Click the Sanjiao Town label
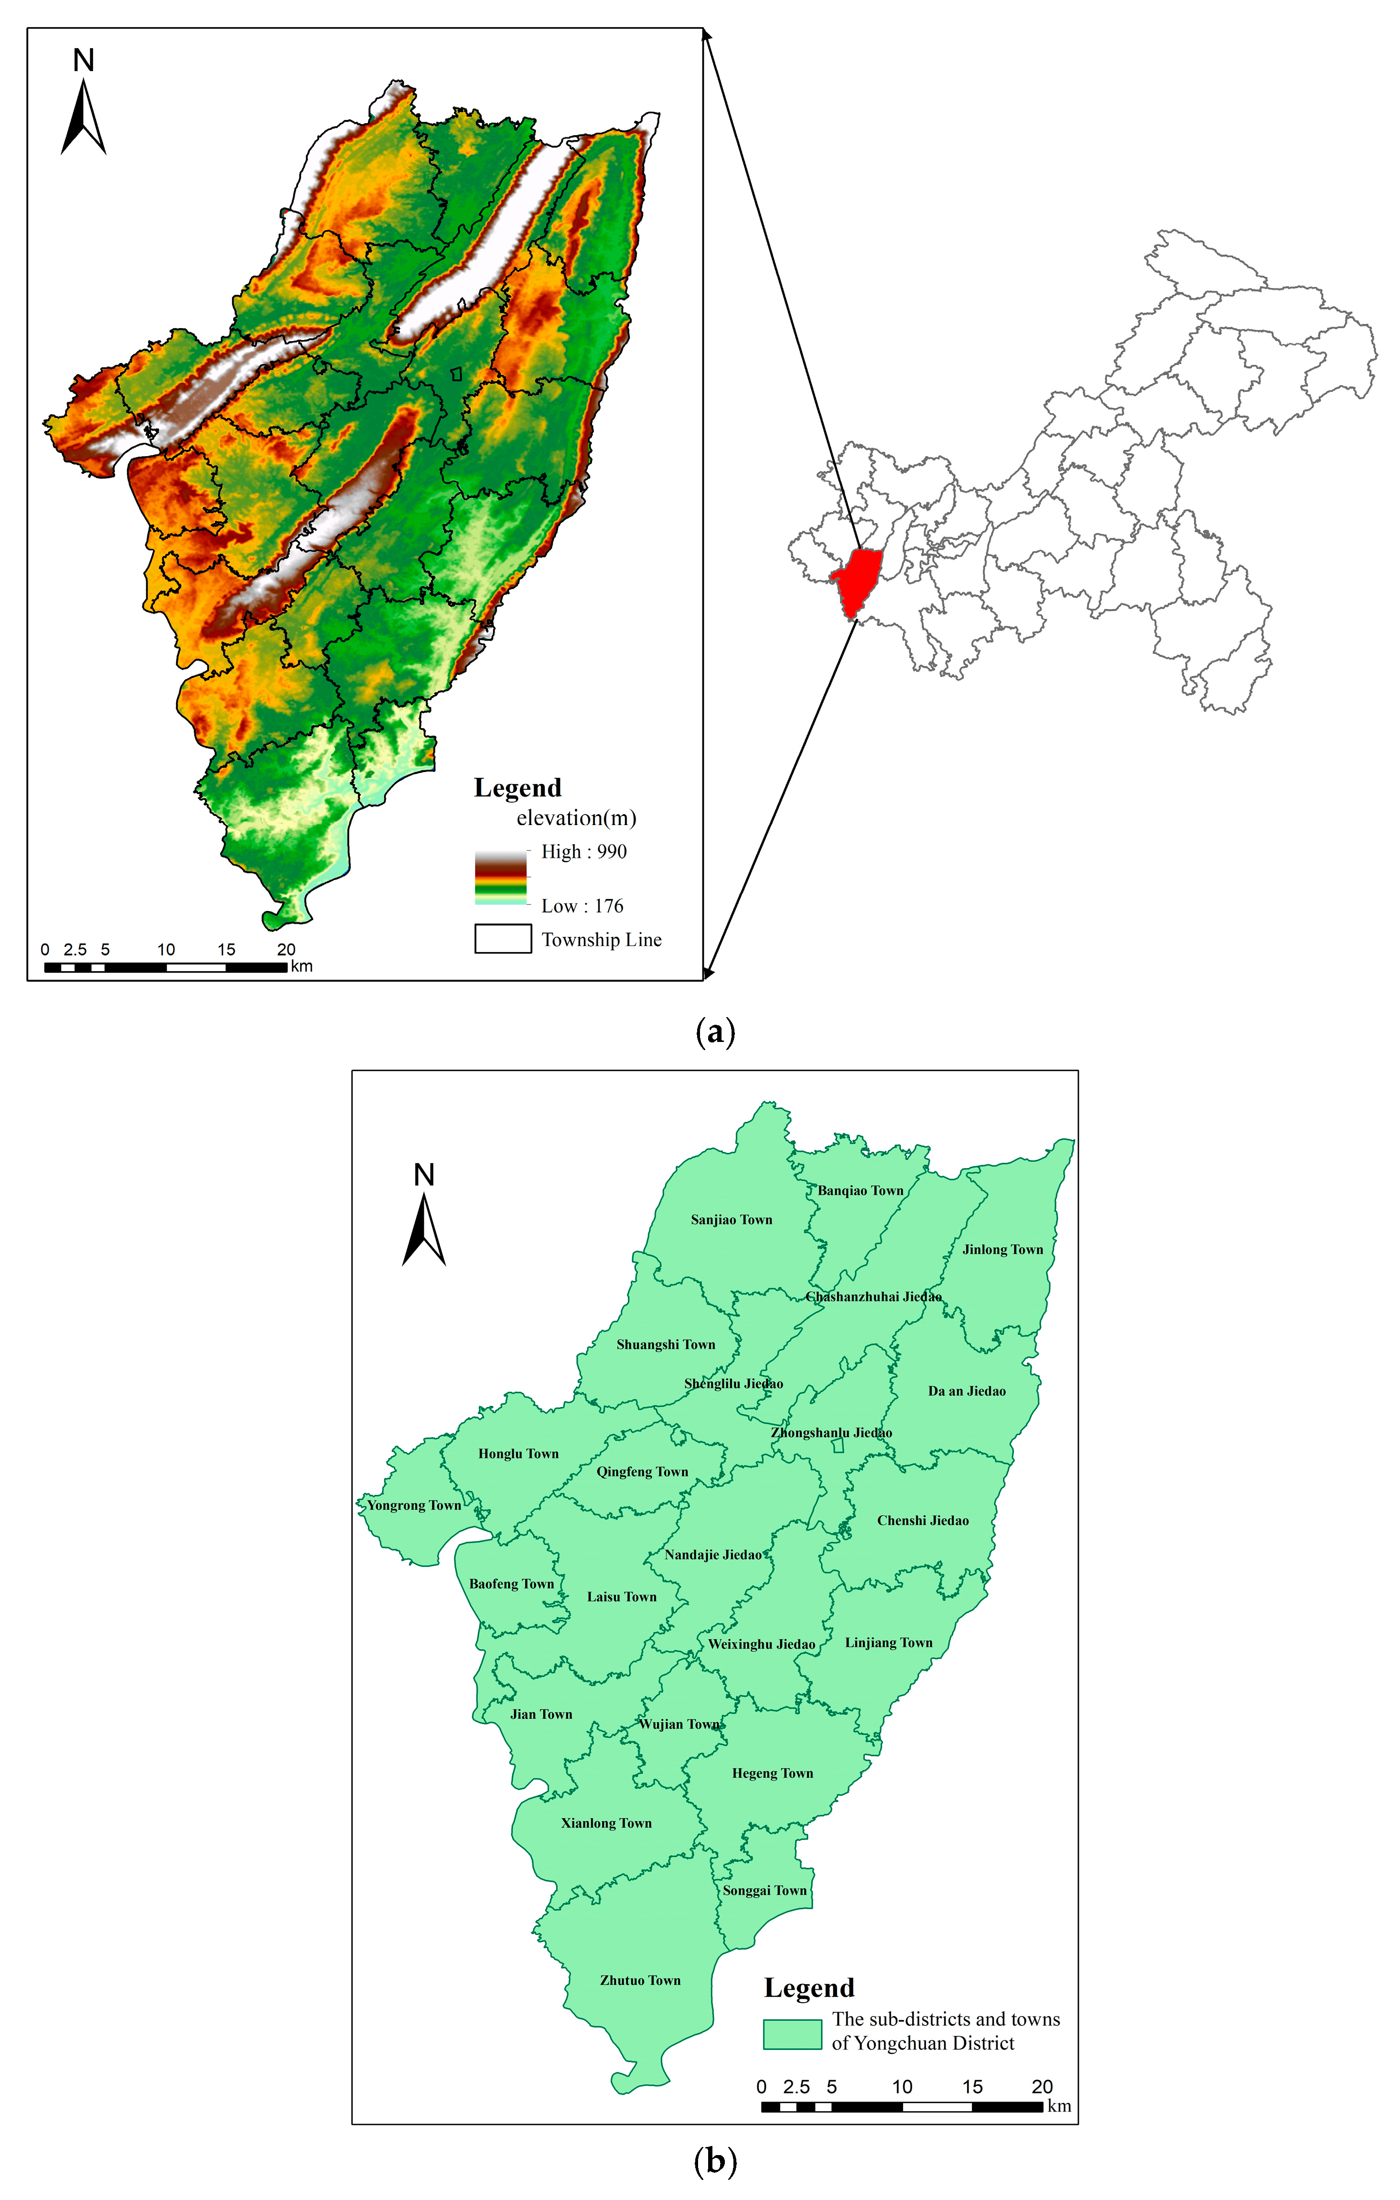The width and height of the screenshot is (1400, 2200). (731, 1220)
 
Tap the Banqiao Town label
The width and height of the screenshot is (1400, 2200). (860, 1191)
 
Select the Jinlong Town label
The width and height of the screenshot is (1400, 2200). (1002, 1250)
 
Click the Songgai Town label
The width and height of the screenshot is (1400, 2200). (765, 1890)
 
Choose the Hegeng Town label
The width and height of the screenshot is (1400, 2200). (772, 1773)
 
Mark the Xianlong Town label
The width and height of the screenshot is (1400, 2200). (606, 1823)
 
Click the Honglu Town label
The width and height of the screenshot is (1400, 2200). (518, 1454)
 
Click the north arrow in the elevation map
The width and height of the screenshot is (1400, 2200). (83, 114)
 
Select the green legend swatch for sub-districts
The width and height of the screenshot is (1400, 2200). (792, 2035)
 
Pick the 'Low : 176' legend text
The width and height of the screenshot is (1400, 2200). (582, 906)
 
